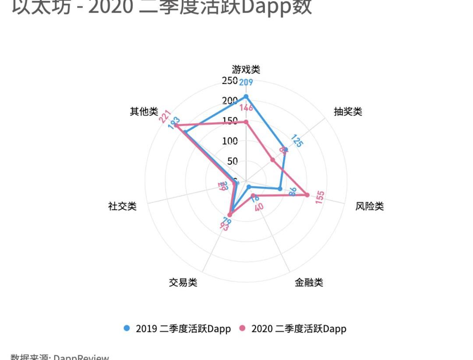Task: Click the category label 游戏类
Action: (x=246, y=69)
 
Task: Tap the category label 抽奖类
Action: (x=348, y=111)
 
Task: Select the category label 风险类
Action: (x=370, y=206)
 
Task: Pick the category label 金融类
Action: (x=309, y=282)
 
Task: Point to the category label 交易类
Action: (x=183, y=282)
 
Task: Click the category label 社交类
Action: (x=122, y=206)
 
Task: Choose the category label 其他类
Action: (x=144, y=111)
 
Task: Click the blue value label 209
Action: (x=246, y=82)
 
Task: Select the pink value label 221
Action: (x=165, y=116)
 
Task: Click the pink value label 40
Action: (x=259, y=206)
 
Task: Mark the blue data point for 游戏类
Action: (x=246, y=96)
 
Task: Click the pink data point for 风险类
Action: (x=307, y=195)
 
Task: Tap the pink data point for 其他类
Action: (x=176, y=126)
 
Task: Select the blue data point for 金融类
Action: (x=249, y=187)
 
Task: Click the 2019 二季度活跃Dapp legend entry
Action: (x=177, y=328)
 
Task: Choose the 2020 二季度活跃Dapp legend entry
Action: (x=293, y=328)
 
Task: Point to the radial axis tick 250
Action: (x=229, y=81)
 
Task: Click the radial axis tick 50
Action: (x=233, y=161)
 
